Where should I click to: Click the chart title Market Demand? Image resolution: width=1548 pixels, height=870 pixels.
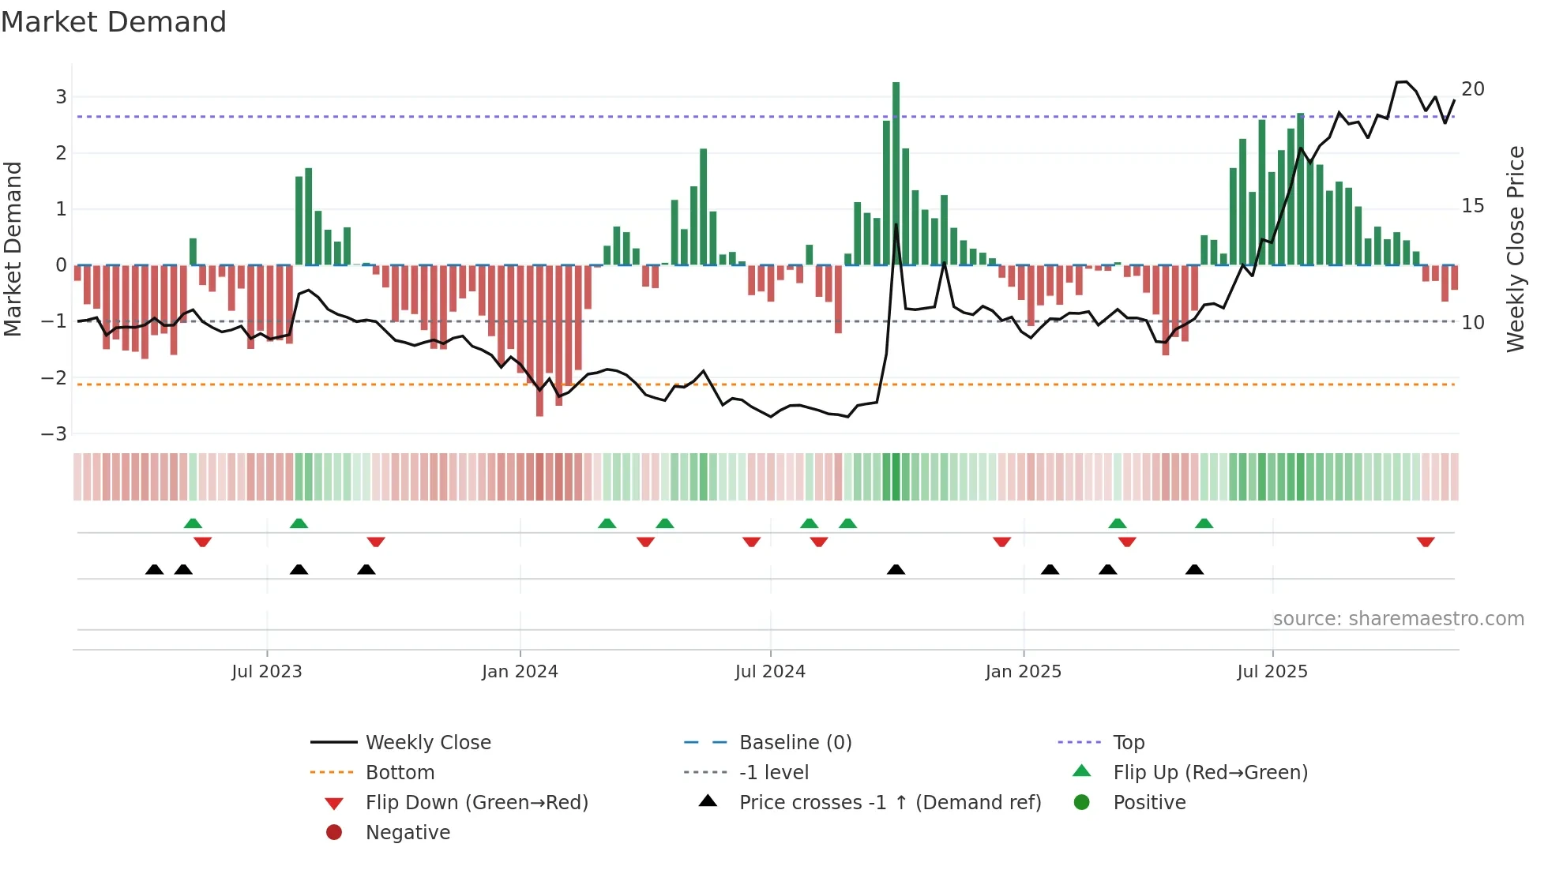pos(114,22)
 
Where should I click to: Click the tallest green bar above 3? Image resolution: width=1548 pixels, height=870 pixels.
pos(896,174)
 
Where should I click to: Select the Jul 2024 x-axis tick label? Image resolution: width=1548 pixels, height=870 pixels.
pos(770,672)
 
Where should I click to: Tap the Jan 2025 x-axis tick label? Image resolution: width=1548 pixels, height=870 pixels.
pos(1023,672)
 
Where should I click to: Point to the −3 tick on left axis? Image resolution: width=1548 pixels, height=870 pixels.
pos(54,434)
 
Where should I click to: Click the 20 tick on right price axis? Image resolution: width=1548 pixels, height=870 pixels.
pos(1472,89)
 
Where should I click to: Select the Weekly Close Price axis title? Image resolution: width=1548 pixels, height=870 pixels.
pos(1515,249)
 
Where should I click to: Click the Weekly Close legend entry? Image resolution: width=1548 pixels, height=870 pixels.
pos(427,743)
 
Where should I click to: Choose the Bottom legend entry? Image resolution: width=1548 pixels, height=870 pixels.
pos(400,773)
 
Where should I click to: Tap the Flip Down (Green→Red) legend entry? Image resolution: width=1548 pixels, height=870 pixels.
pos(476,803)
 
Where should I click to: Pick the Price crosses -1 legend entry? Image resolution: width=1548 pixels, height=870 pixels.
pos(889,803)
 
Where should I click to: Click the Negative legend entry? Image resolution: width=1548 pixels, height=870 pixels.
pos(408,833)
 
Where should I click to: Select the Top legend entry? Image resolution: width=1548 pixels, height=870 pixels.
pos(1129,743)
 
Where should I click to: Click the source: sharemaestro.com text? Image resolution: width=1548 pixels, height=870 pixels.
pos(1398,619)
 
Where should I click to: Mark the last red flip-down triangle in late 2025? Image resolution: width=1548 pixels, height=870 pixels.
pos(1425,542)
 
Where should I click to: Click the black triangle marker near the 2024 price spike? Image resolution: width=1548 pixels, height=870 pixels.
pos(896,569)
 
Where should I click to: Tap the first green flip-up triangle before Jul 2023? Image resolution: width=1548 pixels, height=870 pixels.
pos(193,523)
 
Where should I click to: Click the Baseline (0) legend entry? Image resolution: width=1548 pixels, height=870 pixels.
pos(795,743)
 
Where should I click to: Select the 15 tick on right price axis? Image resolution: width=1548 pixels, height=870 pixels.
pos(1472,206)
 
